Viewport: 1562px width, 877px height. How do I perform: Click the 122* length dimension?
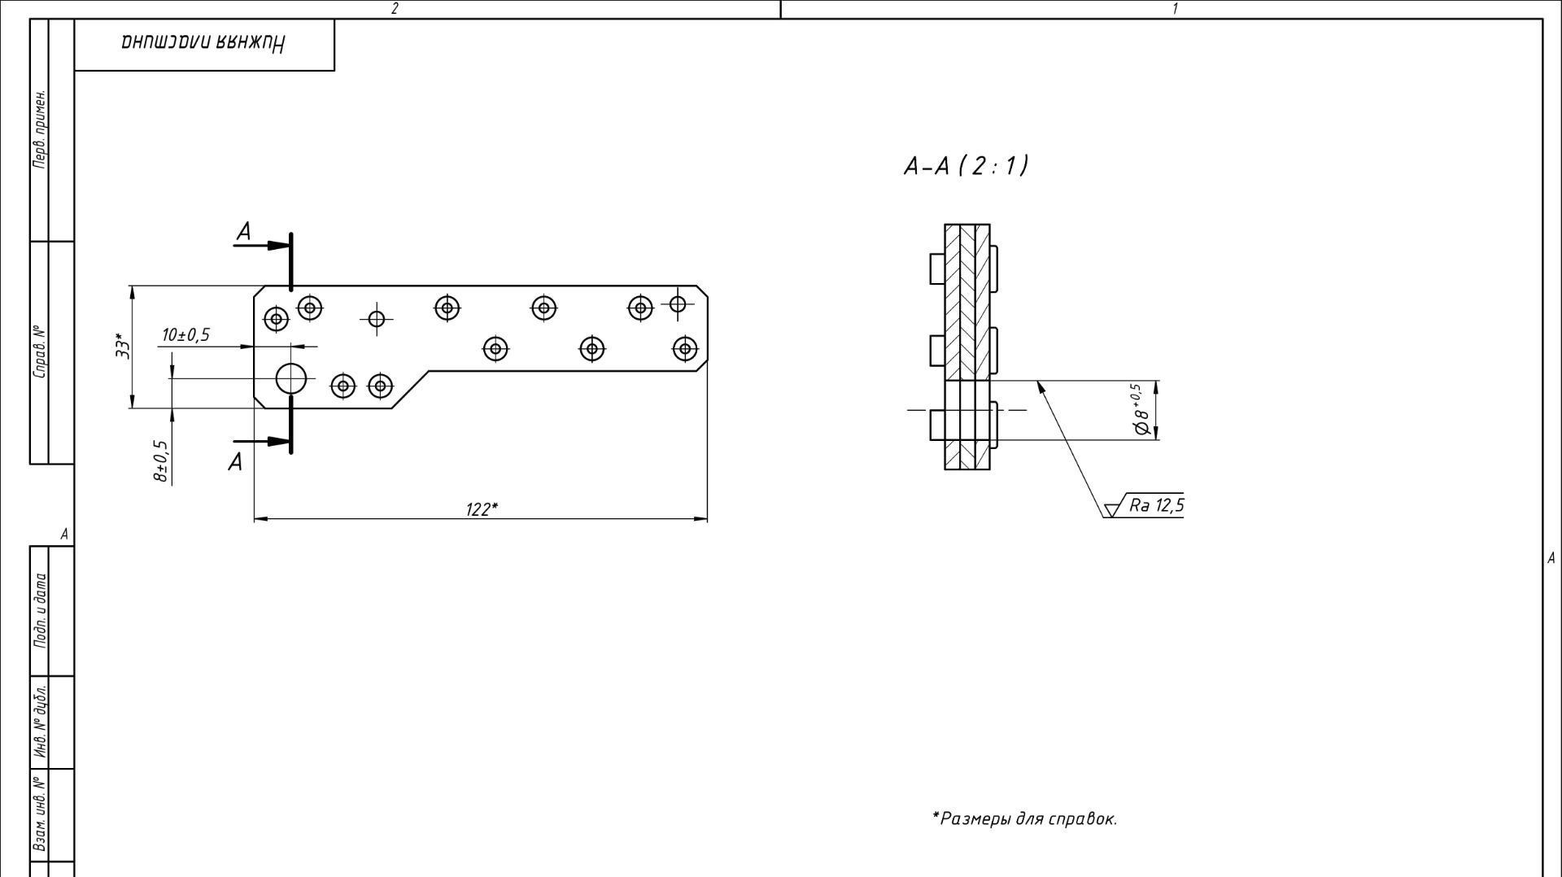(x=482, y=509)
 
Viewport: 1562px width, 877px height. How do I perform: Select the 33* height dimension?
(x=123, y=346)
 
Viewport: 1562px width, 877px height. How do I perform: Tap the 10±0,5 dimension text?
(x=185, y=335)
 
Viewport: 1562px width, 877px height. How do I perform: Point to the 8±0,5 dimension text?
(x=161, y=461)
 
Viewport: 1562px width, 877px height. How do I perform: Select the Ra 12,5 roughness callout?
(x=1156, y=505)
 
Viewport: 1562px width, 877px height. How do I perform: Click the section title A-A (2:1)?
(x=966, y=166)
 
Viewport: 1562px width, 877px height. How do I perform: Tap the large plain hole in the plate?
(x=290, y=378)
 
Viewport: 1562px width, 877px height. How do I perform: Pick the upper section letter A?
(x=243, y=233)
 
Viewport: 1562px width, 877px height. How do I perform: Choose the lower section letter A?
(x=235, y=462)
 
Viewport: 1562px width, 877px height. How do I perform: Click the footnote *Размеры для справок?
(x=1024, y=818)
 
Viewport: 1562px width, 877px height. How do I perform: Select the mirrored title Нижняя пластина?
(x=203, y=44)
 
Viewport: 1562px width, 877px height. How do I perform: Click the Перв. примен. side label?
(x=40, y=130)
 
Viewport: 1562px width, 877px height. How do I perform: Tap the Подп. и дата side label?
(x=40, y=610)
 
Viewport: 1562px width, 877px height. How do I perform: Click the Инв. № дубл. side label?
(x=40, y=722)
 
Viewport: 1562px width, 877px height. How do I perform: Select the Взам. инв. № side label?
(x=40, y=814)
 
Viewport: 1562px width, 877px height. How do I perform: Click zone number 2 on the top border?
(x=395, y=9)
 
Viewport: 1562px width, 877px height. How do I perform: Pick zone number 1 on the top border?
(x=1175, y=9)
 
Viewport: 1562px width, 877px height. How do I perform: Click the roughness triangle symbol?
(x=1110, y=511)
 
